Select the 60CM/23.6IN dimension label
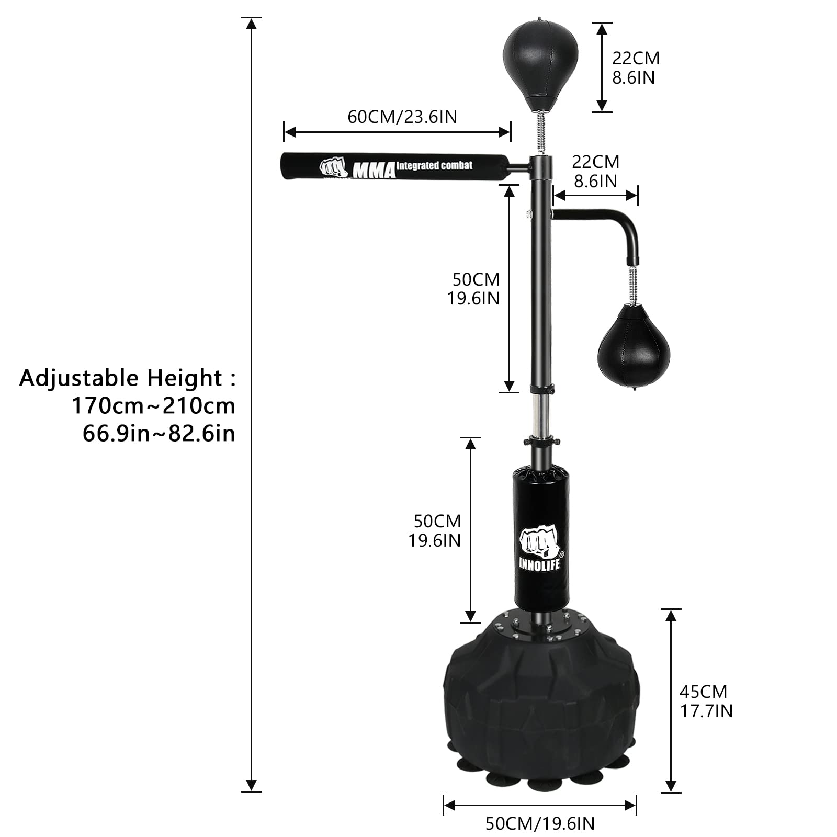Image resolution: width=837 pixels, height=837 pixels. coord(402,117)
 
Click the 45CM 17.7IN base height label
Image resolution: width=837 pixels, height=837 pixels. coord(705,701)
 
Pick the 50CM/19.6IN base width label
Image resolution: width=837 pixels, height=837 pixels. coord(540,823)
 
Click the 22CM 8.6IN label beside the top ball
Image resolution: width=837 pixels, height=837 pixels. coord(635,67)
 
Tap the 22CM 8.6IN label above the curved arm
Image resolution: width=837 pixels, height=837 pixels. coord(595,171)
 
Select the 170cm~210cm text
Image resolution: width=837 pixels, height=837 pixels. coord(153,405)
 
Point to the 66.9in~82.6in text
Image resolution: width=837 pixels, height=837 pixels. coord(159,433)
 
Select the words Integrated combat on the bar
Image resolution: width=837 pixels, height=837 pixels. coord(434,166)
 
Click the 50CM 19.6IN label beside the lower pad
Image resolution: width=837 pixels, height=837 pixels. coord(435,530)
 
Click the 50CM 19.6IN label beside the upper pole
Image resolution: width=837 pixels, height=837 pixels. coord(473,289)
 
